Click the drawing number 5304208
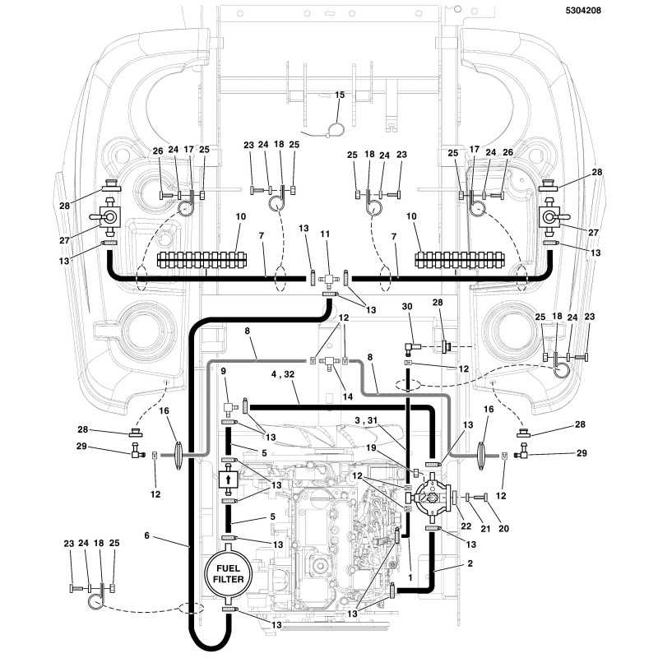tap(583, 11)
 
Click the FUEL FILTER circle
tap(228, 573)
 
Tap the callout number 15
tap(340, 95)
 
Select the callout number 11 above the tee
tap(325, 234)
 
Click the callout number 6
tap(146, 535)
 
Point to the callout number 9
tap(223, 371)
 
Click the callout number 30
tap(407, 307)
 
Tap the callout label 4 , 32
tap(283, 374)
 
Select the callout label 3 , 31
tap(366, 420)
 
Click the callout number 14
tap(348, 396)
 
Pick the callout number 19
tap(371, 447)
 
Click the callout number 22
tap(466, 526)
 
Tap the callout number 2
tap(470, 563)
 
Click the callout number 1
tap(410, 578)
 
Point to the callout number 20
tap(503, 528)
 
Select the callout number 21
tap(485, 528)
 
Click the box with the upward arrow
tap(229, 479)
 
